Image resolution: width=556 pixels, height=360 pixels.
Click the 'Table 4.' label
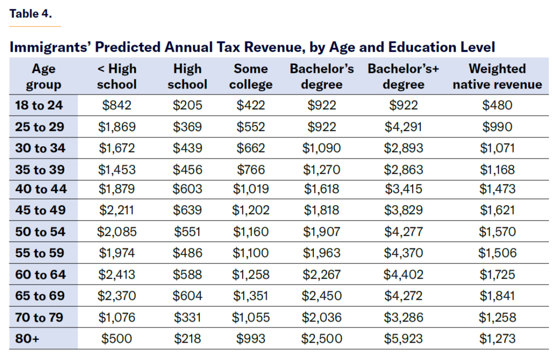pyautogui.click(x=31, y=14)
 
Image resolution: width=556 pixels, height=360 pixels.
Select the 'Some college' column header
pyautogui.click(x=250, y=77)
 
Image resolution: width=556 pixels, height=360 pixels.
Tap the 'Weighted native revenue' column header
pyautogui.click(x=497, y=77)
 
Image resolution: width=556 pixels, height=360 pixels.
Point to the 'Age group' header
pyautogui.click(x=43, y=77)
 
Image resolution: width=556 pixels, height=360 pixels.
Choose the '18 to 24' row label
pyautogui.click(x=40, y=105)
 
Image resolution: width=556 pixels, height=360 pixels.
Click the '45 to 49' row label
pyautogui.click(x=40, y=210)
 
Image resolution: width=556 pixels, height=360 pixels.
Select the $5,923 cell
pyautogui.click(x=403, y=339)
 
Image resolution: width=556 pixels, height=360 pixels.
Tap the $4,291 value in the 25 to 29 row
pyautogui.click(x=403, y=127)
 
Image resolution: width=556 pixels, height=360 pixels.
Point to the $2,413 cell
pyautogui.click(x=117, y=274)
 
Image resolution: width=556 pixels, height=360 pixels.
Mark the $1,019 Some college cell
pyautogui.click(x=250, y=189)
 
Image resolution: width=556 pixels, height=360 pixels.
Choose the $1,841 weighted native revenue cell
pyautogui.click(x=497, y=296)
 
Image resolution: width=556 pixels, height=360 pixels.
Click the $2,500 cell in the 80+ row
pyautogui.click(x=322, y=339)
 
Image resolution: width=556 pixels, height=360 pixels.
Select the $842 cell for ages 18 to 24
pyautogui.click(x=117, y=105)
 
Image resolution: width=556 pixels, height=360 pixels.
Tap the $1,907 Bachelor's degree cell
pyautogui.click(x=322, y=232)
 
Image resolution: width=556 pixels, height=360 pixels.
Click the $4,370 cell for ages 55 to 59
pyautogui.click(x=403, y=253)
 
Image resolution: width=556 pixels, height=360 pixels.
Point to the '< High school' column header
pyautogui.click(x=117, y=77)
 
